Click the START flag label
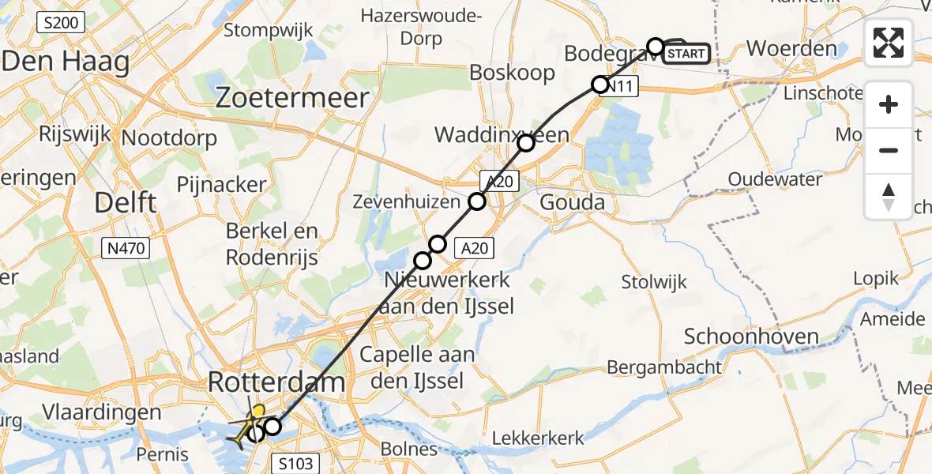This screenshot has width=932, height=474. coord(686,54)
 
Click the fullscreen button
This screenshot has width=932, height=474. coord(889,43)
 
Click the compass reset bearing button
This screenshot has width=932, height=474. coord(889,197)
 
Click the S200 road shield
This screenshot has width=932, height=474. coord(61,23)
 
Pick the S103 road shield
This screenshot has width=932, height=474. coord(295,462)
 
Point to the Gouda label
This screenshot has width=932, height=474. coord(572,202)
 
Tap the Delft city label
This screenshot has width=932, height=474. coord(125,202)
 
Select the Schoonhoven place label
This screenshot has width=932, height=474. coord(751,337)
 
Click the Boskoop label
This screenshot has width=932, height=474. coord(512,73)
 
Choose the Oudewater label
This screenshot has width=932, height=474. coord(775,179)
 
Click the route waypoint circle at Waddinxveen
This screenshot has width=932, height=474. coord(526,143)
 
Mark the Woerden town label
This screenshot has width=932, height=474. coord(791,48)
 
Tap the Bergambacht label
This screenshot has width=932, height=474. coord(664,367)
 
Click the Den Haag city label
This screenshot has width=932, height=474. coord(66,61)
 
